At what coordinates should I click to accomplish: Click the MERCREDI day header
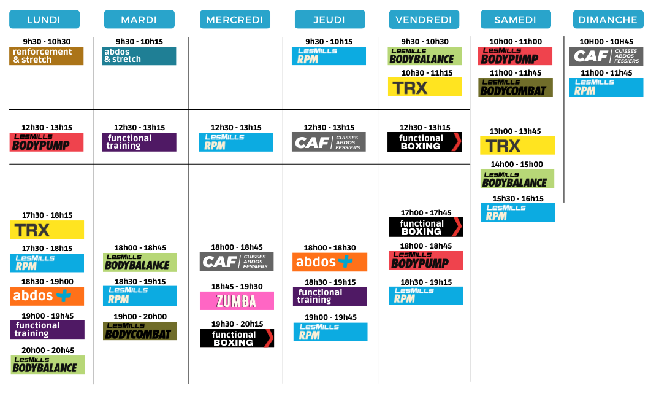pyautogui.click(x=235, y=20)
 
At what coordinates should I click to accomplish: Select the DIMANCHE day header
pyautogui.click(x=608, y=20)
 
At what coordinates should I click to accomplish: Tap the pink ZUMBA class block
pyautogui.click(x=237, y=301)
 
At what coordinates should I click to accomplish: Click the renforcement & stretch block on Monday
pyautogui.click(x=46, y=55)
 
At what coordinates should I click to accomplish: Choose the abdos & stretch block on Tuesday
pyautogui.click(x=139, y=55)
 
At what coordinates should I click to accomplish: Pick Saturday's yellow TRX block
pyautogui.click(x=517, y=146)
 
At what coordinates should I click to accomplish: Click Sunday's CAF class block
pyautogui.click(x=606, y=56)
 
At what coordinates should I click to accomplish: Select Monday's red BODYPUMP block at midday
pyautogui.click(x=46, y=142)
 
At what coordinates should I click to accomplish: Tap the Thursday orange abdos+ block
pyautogui.click(x=330, y=262)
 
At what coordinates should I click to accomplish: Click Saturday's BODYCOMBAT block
pyautogui.click(x=516, y=88)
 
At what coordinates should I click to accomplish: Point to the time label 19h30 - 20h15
pyautogui.click(x=237, y=324)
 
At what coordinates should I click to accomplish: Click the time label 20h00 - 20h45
pyautogui.click(x=48, y=350)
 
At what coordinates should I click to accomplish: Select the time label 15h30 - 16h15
pyautogui.click(x=518, y=199)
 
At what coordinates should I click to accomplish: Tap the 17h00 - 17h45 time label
pyautogui.click(x=426, y=213)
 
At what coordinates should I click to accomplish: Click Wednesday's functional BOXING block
pyautogui.click(x=237, y=338)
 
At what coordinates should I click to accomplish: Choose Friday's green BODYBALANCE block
pyautogui.click(x=425, y=56)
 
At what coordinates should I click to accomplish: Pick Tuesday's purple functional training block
pyautogui.click(x=139, y=142)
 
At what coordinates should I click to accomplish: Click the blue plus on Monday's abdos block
pyautogui.click(x=64, y=296)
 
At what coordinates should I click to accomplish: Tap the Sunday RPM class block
pyautogui.click(x=606, y=88)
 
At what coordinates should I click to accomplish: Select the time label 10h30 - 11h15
pyautogui.click(x=427, y=73)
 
